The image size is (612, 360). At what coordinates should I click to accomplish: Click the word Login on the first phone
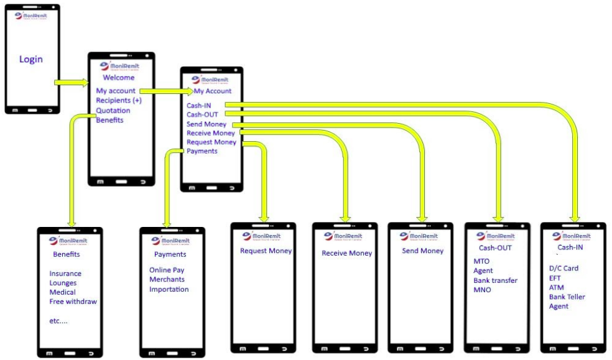click(31, 59)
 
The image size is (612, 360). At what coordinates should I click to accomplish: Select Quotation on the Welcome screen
click(113, 110)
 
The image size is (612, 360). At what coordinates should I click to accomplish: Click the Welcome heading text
click(118, 78)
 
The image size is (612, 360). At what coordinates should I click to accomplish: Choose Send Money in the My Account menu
click(206, 124)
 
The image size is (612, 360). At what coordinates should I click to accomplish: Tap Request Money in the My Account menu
click(211, 142)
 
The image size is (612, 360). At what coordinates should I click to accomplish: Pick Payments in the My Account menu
click(202, 151)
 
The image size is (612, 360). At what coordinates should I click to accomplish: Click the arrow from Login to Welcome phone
click(72, 82)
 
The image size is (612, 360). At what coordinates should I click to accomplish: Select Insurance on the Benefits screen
click(65, 274)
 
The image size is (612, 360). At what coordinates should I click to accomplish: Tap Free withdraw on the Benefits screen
click(73, 302)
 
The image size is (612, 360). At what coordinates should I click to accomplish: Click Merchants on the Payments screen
click(167, 280)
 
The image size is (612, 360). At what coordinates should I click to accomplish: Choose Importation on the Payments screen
click(169, 289)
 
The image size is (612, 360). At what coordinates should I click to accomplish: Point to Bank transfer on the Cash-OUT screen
click(495, 280)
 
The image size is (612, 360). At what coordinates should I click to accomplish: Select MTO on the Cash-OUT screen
click(482, 261)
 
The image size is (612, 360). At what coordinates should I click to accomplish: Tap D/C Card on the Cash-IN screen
click(563, 269)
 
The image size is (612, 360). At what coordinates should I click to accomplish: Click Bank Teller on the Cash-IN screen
click(567, 297)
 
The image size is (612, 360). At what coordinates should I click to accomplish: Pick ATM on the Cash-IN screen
click(556, 287)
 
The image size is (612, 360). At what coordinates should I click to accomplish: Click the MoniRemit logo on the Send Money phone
click(419, 236)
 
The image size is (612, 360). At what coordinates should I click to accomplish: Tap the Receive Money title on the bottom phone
click(346, 253)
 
